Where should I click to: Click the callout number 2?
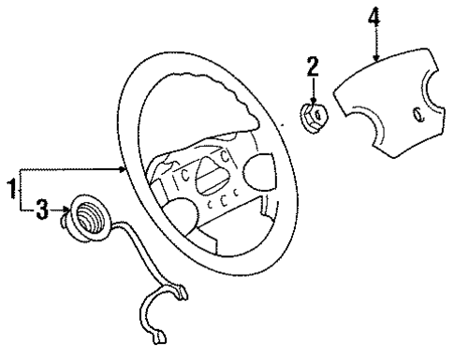pos(312,65)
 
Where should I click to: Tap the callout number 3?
pos(40,213)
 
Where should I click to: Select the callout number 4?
pos(375,17)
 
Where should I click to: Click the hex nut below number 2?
pos(313,117)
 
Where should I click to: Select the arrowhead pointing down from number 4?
pos(375,59)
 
